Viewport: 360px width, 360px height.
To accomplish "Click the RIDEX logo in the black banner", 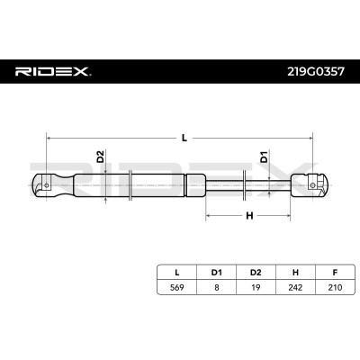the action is coord(53,72).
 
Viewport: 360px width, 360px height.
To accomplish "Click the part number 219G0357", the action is coord(316,72).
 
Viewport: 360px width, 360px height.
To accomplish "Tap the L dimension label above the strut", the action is coord(184,138).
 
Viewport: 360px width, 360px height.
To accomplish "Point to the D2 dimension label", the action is coord(101,157).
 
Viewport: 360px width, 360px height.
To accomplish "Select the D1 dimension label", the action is coord(264,157).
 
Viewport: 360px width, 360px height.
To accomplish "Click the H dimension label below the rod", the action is coord(249,215).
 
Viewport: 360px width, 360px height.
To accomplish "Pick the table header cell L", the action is coord(177,273).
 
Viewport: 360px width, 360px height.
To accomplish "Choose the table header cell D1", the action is coord(216,273).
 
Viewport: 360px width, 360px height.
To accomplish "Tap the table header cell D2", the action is coord(256,273).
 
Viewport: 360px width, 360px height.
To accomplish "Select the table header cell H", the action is coord(295,273).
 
